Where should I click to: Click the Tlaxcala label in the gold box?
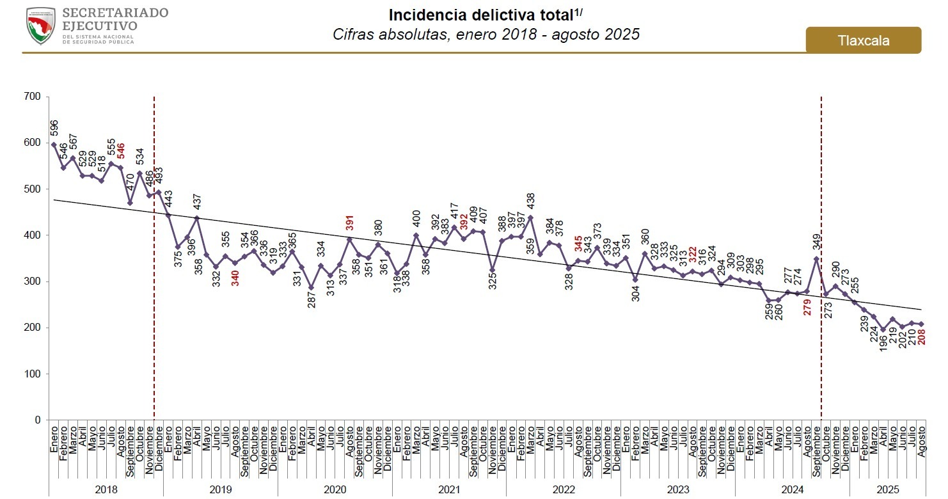click(864, 41)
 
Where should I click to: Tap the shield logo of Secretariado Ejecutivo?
click(41, 26)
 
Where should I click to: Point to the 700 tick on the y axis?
click(33, 97)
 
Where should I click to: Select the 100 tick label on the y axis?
click(33, 374)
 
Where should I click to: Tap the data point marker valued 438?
click(530, 218)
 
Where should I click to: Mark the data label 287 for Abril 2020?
click(312, 299)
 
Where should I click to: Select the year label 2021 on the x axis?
click(448, 489)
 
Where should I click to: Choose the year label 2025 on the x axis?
click(887, 489)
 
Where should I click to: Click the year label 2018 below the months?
click(106, 489)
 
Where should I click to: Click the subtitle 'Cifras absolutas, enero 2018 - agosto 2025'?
click(486, 35)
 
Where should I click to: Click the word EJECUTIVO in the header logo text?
click(99, 26)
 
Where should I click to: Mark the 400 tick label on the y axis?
click(33, 235)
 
